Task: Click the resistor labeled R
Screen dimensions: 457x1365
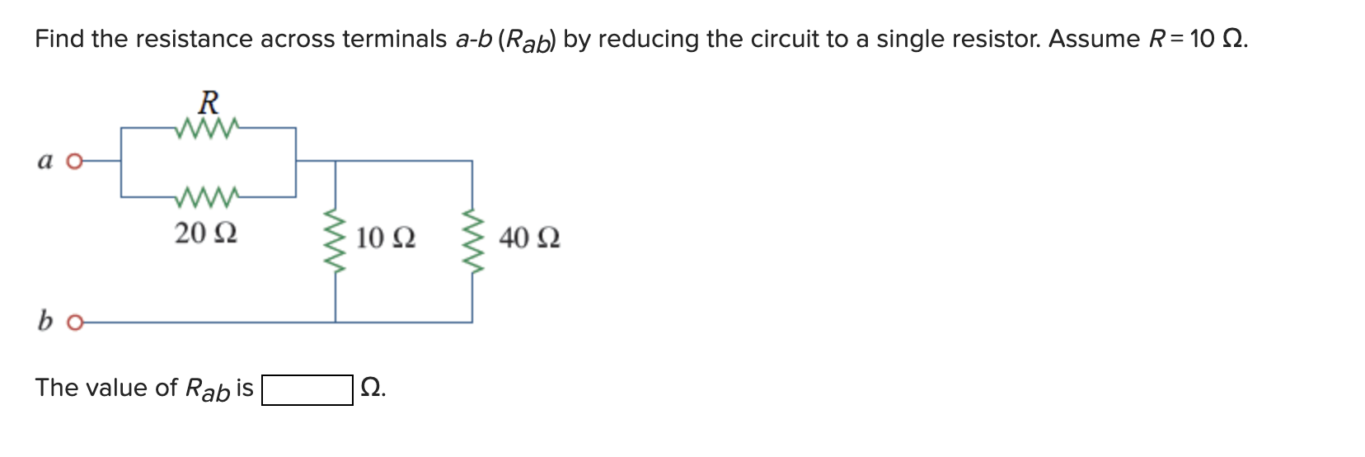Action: point(208,128)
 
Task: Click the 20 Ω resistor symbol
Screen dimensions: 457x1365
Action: point(208,197)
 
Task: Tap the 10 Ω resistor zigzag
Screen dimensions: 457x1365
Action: point(335,242)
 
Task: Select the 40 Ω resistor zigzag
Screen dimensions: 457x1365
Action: point(472,242)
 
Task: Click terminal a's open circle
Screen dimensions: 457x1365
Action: point(74,162)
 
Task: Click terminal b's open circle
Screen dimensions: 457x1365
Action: point(74,323)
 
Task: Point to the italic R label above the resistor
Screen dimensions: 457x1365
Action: point(209,103)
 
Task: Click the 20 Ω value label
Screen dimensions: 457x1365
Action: point(206,233)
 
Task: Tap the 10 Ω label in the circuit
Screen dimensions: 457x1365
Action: point(386,238)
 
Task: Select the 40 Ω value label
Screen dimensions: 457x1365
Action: point(529,238)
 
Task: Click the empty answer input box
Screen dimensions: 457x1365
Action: point(307,389)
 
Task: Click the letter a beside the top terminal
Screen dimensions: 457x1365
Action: point(45,161)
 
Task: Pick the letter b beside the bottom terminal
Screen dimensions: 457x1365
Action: point(45,320)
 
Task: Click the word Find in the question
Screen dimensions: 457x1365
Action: point(59,39)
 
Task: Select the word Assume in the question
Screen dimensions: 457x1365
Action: point(1094,39)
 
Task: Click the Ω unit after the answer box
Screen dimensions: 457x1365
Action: point(372,387)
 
